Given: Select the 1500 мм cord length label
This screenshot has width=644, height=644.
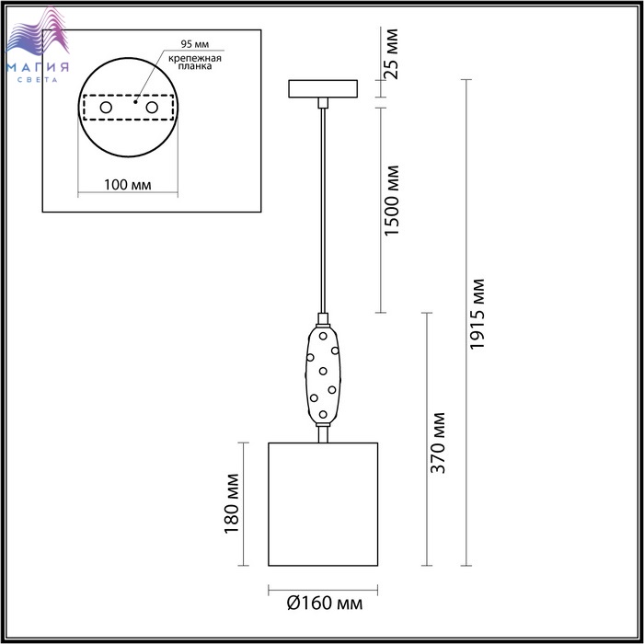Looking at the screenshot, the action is [x=392, y=201].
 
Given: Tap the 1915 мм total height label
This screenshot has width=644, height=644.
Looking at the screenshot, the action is [x=477, y=315].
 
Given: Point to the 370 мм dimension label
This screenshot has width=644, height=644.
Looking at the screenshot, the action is [x=438, y=443].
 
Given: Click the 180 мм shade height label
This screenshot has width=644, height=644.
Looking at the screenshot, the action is [x=232, y=503].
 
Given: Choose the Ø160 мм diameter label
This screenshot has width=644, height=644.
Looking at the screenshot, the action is [x=325, y=604].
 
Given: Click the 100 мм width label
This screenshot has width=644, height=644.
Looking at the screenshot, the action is [x=127, y=185].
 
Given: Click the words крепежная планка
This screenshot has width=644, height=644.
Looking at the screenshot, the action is [x=195, y=62].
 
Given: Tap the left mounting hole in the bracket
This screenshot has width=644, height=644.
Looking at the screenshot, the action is [x=106, y=108].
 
